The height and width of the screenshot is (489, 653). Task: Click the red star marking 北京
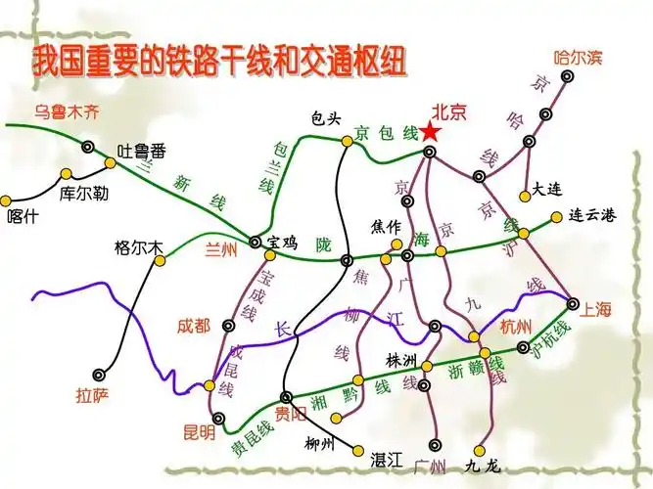(x=431, y=130)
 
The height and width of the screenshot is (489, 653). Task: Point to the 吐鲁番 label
(x=141, y=151)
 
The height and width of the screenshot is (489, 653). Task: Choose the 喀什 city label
(x=23, y=217)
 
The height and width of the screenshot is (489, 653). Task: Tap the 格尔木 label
(x=137, y=247)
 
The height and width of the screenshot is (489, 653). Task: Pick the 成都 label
(x=194, y=325)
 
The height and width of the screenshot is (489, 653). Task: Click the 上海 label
(x=596, y=310)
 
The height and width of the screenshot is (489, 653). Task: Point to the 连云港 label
(x=591, y=216)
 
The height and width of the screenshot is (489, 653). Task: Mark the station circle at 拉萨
(x=101, y=374)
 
